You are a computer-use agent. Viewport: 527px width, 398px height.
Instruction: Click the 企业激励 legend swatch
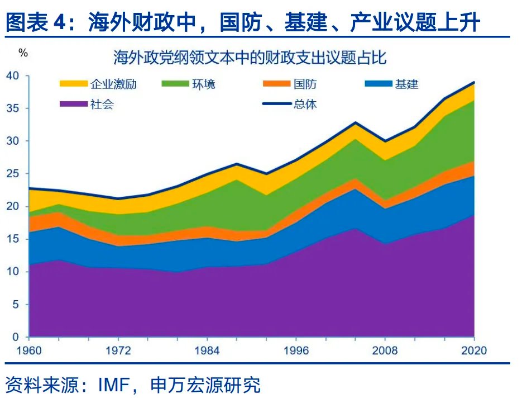[x=74, y=84]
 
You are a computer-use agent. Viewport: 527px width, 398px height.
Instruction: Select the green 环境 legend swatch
[x=175, y=84]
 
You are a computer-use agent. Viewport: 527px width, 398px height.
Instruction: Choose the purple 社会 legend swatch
[x=74, y=104]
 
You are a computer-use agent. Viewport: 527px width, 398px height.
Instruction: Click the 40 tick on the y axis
[x=12, y=75]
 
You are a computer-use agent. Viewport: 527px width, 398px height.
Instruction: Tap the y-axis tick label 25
[x=12, y=174]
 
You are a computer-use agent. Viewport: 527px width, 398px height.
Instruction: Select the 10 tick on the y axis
[x=12, y=272]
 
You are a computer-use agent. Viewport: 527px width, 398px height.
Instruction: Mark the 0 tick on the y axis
[x=16, y=338]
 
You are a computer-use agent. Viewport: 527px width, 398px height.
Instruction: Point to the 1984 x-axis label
[x=207, y=352]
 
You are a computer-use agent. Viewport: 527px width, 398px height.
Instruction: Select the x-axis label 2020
[x=474, y=352]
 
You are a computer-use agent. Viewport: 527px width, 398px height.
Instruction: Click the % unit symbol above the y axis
[x=23, y=53]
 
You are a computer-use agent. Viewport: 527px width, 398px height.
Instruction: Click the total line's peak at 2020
[x=474, y=82]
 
